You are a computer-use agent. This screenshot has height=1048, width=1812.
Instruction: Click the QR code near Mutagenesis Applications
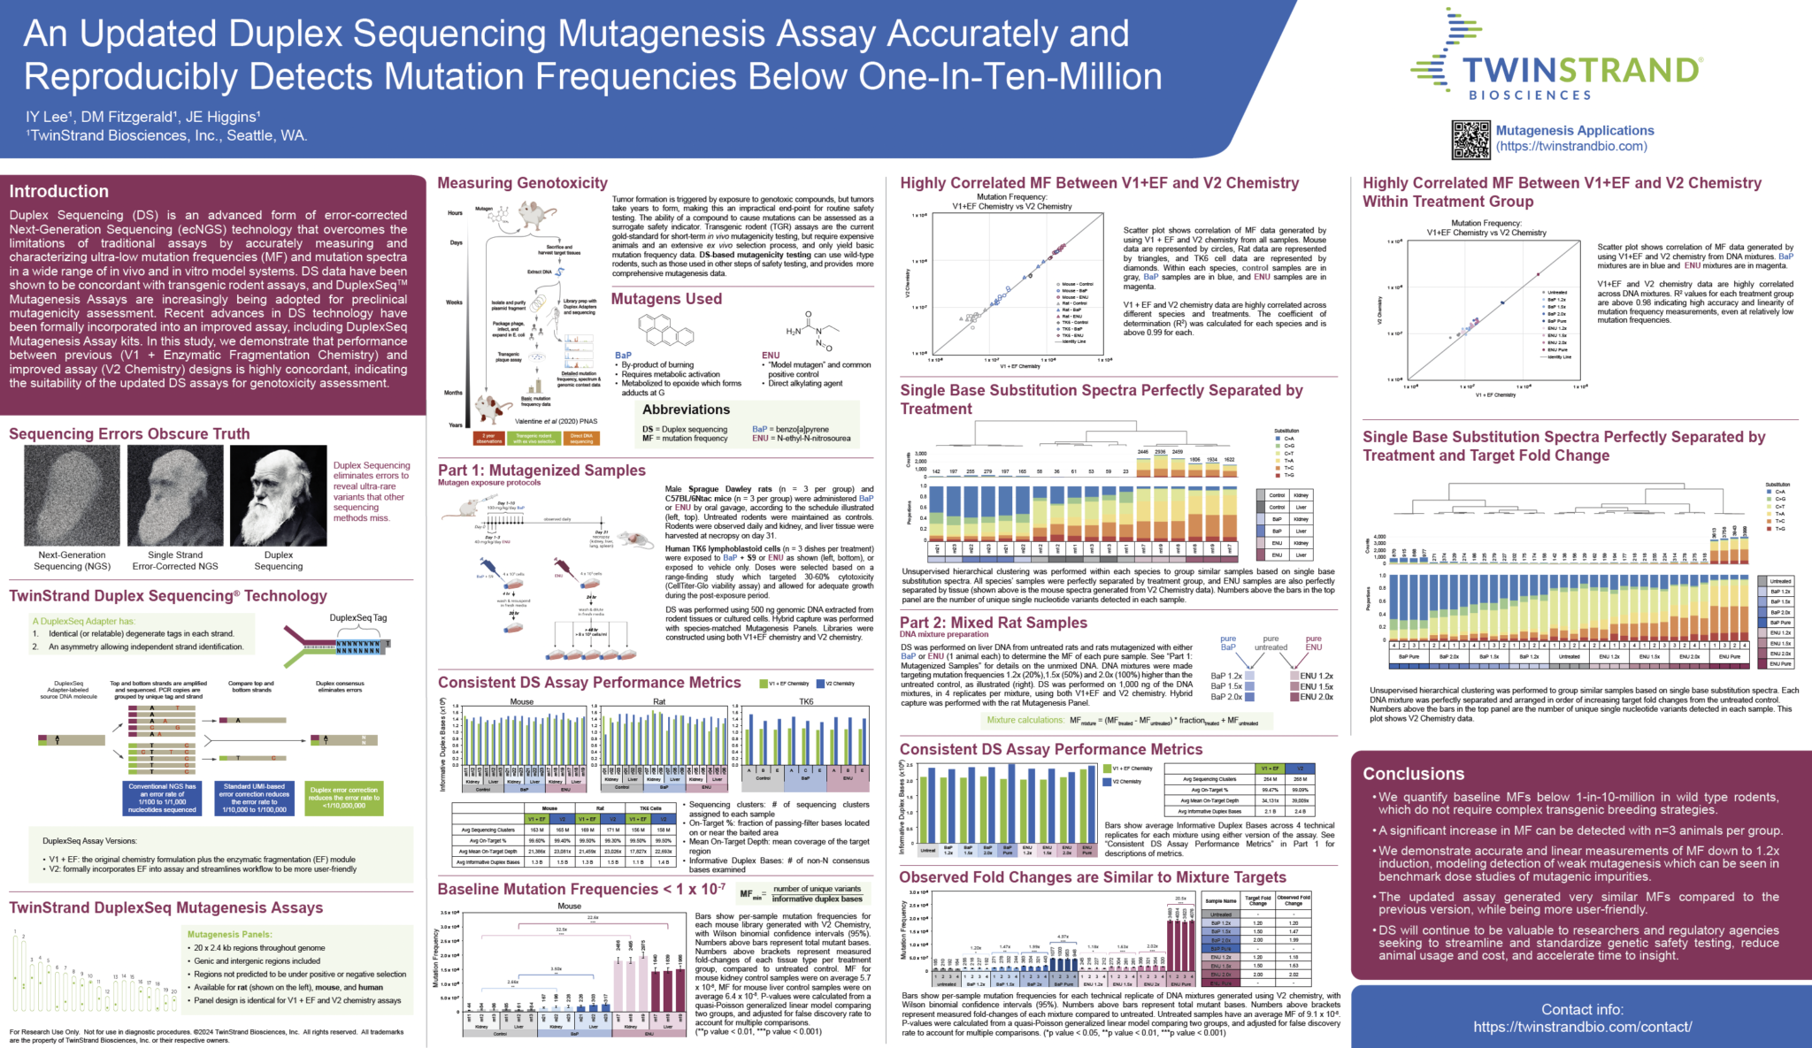pos(1470,140)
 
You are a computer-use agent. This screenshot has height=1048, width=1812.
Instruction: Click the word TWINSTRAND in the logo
pos(1582,70)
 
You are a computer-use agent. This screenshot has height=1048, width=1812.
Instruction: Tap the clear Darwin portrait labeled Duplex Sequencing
pos(278,495)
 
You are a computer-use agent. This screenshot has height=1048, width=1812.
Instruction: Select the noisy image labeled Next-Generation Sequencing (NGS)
pos(72,495)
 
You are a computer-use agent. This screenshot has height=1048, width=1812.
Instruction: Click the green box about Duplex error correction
pos(344,798)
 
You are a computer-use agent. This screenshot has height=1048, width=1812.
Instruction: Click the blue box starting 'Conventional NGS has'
pos(162,798)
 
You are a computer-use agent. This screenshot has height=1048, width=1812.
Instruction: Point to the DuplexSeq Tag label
pos(357,618)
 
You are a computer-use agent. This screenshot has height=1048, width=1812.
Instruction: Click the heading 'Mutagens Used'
pos(666,299)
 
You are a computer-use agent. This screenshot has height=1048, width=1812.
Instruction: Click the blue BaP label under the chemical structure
pos(623,356)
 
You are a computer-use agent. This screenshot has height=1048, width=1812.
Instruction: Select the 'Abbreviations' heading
pos(686,409)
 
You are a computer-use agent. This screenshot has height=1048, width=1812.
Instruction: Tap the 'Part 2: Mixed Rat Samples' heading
pos(994,623)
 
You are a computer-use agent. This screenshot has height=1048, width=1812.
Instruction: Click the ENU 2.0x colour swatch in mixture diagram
pos(1294,697)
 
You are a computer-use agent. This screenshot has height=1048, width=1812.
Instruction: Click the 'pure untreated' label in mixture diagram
pos(1271,643)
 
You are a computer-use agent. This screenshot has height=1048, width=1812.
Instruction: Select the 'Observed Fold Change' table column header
pos(1294,900)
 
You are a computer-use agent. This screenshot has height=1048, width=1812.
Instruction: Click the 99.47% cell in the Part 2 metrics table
pos(1271,790)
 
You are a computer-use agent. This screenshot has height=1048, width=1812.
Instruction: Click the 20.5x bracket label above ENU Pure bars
pos(1180,899)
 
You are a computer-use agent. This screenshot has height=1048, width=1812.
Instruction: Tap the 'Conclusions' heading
pos(1413,774)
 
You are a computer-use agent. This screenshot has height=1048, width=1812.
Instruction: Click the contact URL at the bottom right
pos(1582,1027)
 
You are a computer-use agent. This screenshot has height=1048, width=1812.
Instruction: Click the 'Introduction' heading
pos(59,191)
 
